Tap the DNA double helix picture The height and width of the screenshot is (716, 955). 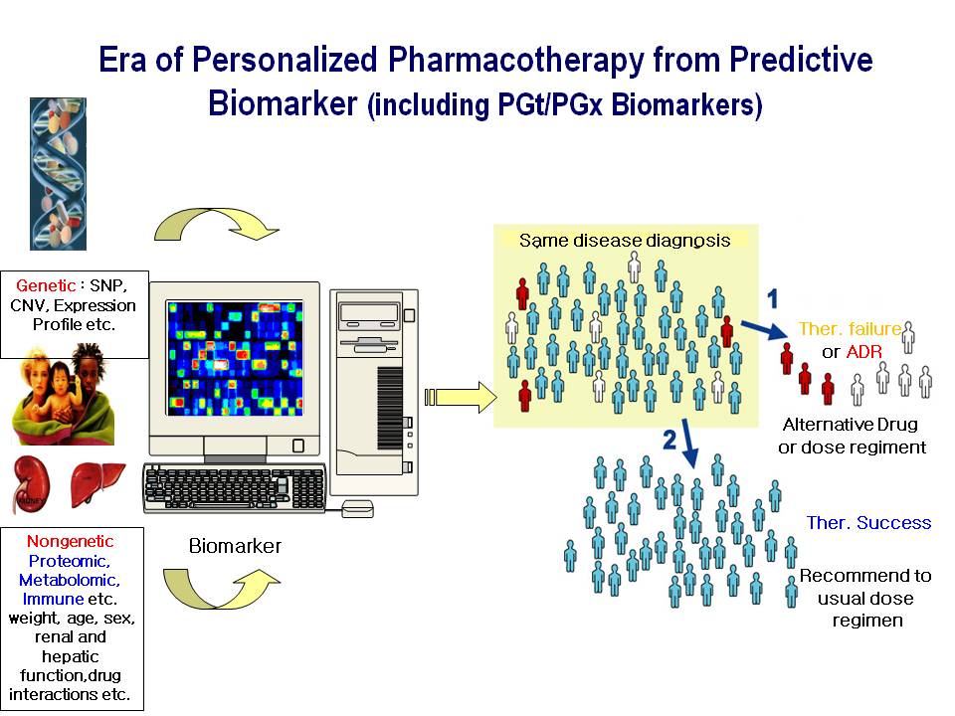[x=58, y=174]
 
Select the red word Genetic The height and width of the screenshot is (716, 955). [x=45, y=285]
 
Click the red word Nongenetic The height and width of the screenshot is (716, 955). [x=70, y=541]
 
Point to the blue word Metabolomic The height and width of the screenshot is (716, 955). [x=69, y=580]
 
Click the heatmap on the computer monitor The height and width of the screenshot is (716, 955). [x=235, y=358]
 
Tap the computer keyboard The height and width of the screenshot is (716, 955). [x=235, y=487]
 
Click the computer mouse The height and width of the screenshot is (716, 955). [x=357, y=508]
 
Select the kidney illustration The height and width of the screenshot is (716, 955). [x=32, y=484]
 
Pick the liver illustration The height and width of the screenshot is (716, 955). [x=96, y=484]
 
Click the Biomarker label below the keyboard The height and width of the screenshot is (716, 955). [x=235, y=546]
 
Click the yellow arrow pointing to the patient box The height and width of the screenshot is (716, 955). [x=461, y=397]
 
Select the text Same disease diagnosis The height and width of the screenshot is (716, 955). [x=625, y=241]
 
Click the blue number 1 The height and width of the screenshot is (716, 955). [x=773, y=299]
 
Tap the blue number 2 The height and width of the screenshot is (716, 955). [x=669, y=439]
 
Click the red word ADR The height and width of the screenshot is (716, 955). [x=863, y=351]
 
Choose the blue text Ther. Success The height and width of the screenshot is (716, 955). [x=869, y=522]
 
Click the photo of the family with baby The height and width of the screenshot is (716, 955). [x=63, y=395]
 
